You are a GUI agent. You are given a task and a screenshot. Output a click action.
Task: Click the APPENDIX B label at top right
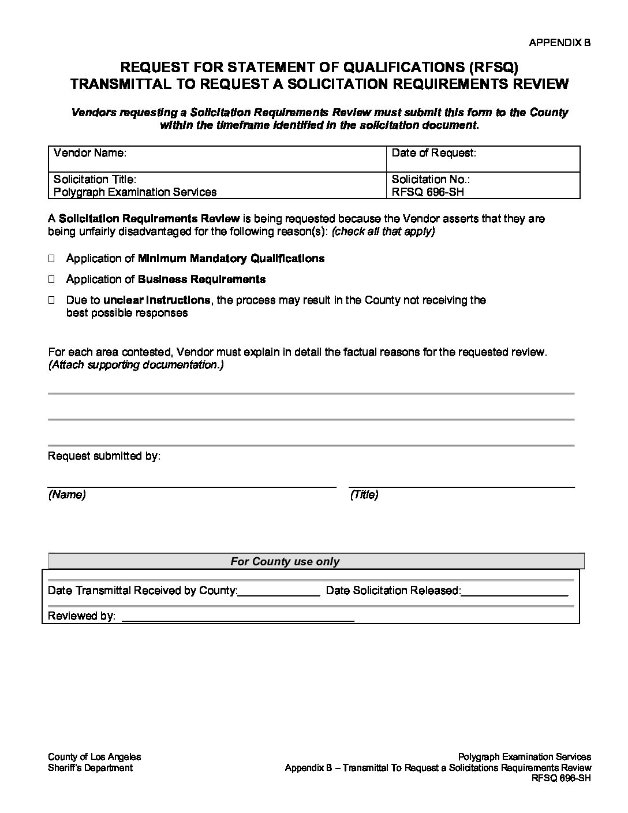coord(559,43)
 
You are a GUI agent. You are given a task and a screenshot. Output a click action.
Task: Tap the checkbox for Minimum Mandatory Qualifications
coord(51,259)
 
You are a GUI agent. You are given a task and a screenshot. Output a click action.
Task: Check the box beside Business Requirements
coord(51,279)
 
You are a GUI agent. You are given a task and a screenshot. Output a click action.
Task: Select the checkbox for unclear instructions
coord(51,300)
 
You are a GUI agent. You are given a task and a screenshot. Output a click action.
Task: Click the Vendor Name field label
coord(89,153)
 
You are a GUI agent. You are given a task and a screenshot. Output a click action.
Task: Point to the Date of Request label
coord(433,153)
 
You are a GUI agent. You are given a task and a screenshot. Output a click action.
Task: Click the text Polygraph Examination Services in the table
coord(135,192)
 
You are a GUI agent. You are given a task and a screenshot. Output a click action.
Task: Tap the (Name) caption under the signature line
coord(67,495)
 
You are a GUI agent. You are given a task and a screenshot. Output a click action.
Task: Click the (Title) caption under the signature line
coord(364,495)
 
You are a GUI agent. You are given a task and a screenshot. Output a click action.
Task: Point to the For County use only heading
coord(285,561)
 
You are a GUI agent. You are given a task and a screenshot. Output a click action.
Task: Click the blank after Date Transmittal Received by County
coord(279,591)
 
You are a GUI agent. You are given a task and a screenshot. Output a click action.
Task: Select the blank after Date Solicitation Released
coord(515,591)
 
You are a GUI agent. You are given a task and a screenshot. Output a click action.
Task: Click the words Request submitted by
coord(104,456)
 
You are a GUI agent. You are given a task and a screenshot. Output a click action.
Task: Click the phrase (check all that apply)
coord(383,232)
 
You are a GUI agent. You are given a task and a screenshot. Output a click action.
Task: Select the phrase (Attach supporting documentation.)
coord(136,365)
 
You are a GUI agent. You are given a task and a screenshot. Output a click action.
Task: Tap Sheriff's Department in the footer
coord(90,768)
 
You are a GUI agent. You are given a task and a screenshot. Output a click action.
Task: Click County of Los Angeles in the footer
coord(94,757)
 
